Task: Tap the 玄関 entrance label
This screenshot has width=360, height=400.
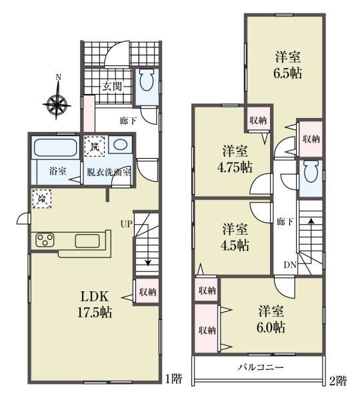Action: coord(112,87)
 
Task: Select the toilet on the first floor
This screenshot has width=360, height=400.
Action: coord(147,81)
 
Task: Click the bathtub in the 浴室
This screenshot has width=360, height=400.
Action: coord(55,147)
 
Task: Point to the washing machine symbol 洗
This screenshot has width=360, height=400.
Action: coord(95,147)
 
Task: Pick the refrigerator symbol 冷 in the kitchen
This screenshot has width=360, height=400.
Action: coord(41,199)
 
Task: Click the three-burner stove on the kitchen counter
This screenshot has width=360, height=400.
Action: coord(45,240)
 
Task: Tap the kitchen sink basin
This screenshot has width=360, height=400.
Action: coord(87,241)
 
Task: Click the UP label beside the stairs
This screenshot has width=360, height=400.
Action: coord(126,224)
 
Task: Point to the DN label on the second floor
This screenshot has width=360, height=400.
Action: coord(290,265)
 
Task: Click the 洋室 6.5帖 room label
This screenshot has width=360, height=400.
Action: coord(288,65)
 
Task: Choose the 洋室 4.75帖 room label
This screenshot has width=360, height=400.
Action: coord(235,159)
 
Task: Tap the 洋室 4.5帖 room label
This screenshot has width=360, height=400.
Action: coord(235,237)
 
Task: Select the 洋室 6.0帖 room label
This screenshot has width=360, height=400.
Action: coord(271,319)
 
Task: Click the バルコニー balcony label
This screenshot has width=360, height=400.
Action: coord(261,367)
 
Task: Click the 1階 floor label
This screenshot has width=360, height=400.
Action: coord(174,379)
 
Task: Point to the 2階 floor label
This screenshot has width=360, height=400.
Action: coord(338,381)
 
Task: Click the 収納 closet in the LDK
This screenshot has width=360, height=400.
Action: coord(147,291)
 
